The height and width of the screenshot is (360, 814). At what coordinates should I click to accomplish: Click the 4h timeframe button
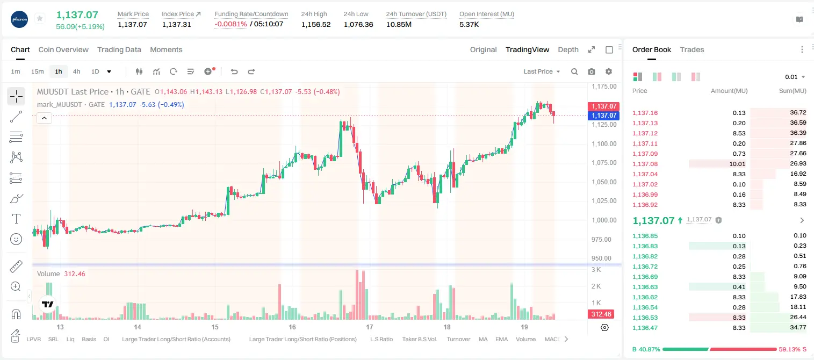pos(76,71)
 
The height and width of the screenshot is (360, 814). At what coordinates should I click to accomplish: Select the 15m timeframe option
pos(37,71)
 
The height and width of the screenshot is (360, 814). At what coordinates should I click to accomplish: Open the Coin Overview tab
pos(63,49)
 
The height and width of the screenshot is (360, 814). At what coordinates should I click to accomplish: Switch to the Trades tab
pos(692,49)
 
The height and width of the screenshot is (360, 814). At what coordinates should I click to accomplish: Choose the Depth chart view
pos(568,49)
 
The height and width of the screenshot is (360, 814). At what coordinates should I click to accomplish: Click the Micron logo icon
pos(19,19)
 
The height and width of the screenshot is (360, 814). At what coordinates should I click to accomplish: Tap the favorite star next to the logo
pos(40,18)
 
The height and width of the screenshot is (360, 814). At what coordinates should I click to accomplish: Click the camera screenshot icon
pos(592,71)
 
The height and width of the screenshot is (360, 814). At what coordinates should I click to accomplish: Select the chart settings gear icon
pos(609,71)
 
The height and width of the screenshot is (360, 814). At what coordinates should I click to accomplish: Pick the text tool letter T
pos(16,219)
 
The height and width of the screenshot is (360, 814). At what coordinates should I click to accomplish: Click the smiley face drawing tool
pos(16,239)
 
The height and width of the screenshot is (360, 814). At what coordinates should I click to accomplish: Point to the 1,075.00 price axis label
pos(604,163)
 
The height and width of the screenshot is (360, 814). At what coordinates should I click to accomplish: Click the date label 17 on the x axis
pos(370,327)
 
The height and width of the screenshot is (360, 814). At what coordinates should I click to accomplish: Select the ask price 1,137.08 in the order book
pos(645,164)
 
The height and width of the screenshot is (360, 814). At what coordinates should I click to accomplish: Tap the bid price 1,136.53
pos(645,318)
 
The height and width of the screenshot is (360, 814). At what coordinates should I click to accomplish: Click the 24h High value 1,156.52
pos(316,24)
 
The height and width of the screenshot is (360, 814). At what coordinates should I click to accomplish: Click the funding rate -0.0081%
pos(230,24)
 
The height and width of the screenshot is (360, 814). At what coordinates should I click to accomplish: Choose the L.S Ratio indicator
pos(381,339)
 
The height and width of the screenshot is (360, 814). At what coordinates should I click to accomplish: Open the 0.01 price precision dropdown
pos(795,77)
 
